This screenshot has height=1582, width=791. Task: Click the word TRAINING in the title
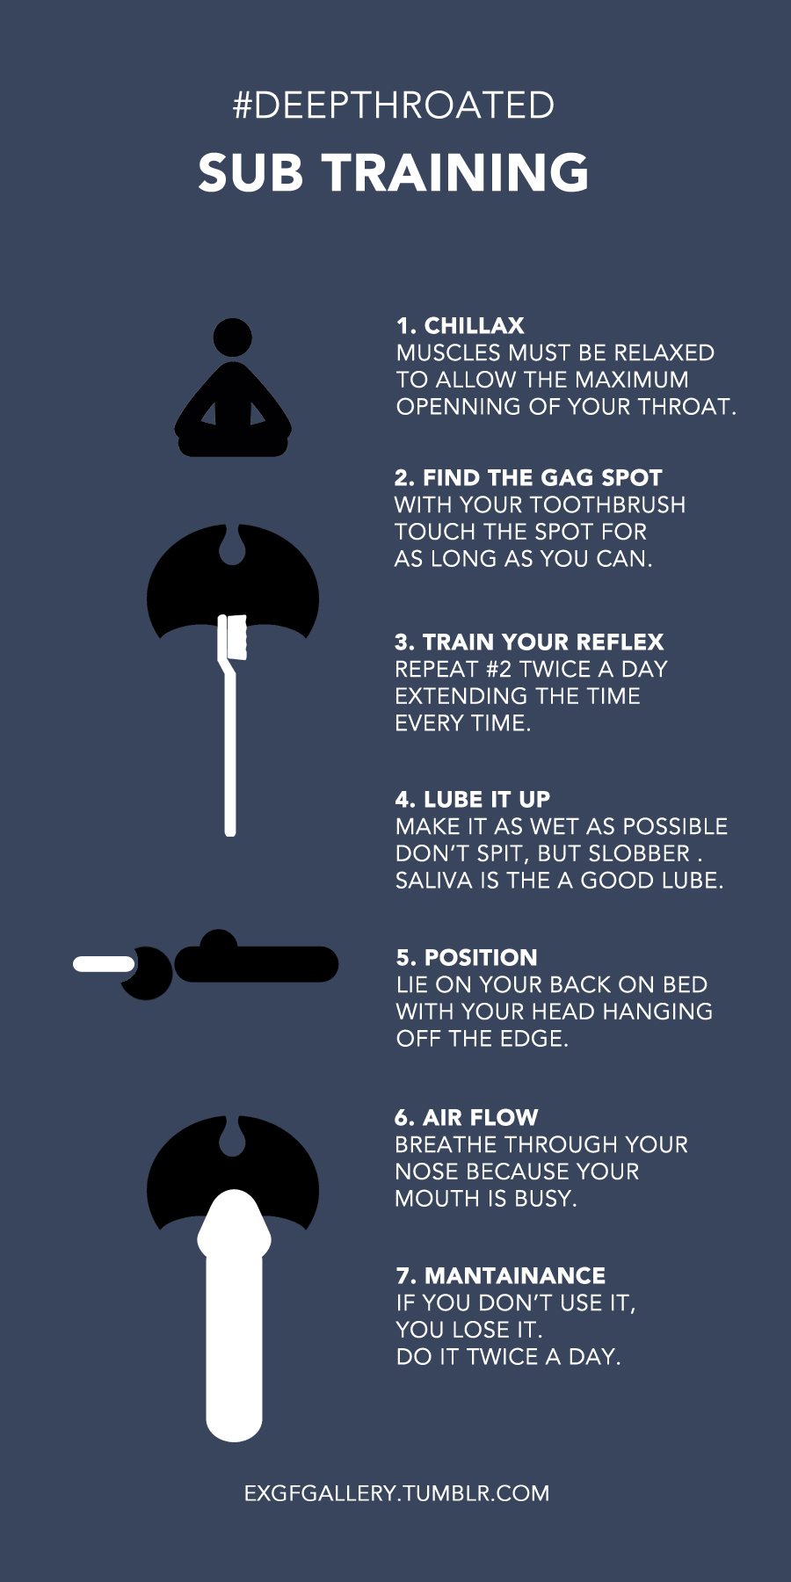pyautogui.click(x=457, y=172)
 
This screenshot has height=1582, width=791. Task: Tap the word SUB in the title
pyautogui.click(x=251, y=172)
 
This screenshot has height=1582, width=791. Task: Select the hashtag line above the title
pyautogui.click(x=394, y=105)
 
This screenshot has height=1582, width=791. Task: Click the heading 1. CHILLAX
pyautogui.click(x=461, y=326)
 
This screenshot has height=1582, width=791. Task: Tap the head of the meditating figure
pyautogui.click(x=233, y=337)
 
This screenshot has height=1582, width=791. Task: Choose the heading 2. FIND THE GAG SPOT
pyautogui.click(x=528, y=478)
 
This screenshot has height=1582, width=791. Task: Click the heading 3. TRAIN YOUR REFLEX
pyautogui.click(x=529, y=642)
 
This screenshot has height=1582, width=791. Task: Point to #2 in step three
pyautogui.click(x=498, y=670)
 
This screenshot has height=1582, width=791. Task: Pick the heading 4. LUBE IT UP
pyautogui.click(x=473, y=800)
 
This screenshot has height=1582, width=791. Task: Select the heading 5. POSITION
pyautogui.click(x=467, y=958)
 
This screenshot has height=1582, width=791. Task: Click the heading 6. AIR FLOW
pyautogui.click(x=467, y=1118)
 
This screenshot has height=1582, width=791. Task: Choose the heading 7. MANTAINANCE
pyautogui.click(x=501, y=1276)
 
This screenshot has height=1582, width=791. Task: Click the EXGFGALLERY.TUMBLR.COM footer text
pyautogui.click(x=397, y=1494)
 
